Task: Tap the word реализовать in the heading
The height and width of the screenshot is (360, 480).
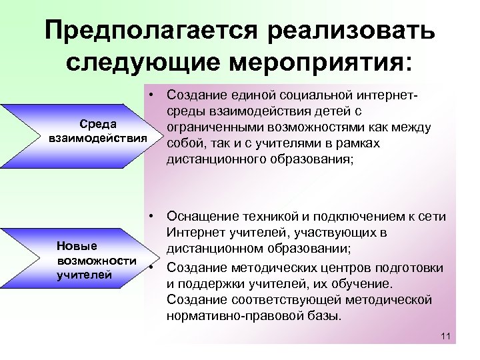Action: tap(353, 31)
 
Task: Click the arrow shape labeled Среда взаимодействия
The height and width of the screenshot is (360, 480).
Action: tap(80, 131)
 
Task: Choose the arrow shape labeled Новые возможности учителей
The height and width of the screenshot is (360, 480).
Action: tap(80, 260)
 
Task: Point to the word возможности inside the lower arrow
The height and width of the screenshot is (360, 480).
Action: tap(97, 260)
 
